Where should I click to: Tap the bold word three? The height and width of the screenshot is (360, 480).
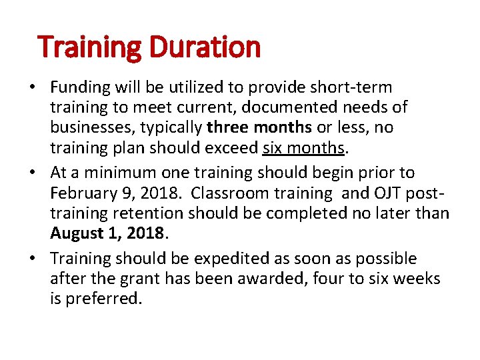[x=227, y=126]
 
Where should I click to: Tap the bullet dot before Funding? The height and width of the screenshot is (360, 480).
[x=41, y=87]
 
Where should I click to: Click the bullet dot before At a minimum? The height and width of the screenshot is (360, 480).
[x=41, y=173]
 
